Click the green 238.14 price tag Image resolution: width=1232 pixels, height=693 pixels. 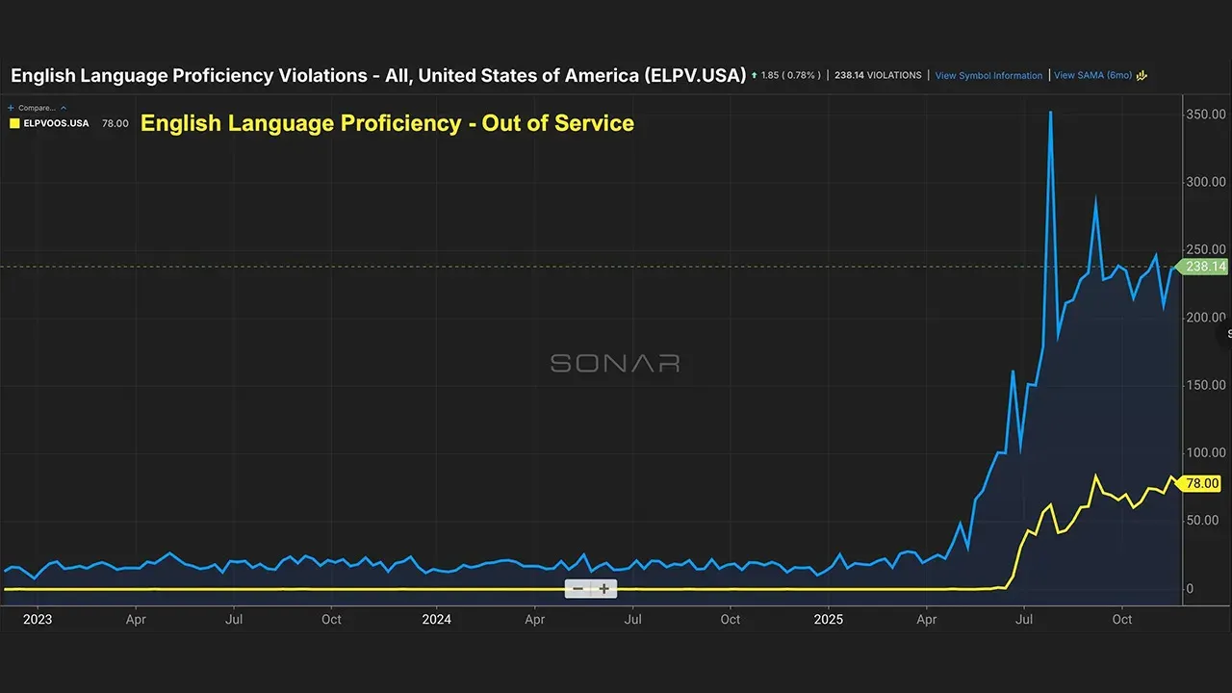pyautogui.click(x=1205, y=267)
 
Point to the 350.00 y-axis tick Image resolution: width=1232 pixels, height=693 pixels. pyautogui.click(x=1205, y=114)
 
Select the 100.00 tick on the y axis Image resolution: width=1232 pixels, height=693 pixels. pyautogui.click(x=1205, y=452)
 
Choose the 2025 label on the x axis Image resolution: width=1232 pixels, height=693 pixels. pyautogui.click(x=828, y=619)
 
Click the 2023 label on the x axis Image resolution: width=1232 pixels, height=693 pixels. pyautogui.click(x=37, y=619)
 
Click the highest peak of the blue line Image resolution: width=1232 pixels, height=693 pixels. pyautogui.click(x=1050, y=113)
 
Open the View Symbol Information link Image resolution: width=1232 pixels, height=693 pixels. pyautogui.click(x=988, y=75)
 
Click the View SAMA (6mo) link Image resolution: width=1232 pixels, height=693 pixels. pyautogui.click(x=1092, y=75)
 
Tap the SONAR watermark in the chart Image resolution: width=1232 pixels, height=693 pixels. pyautogui.click(x=615, y=363)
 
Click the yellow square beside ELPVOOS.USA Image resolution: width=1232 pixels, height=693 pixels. pyautogui.click(x=14, y=123)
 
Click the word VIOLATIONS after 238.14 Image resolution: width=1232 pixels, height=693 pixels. pyautogui.click(x=894, y=75)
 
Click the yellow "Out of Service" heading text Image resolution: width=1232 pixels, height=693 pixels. pyautogui.click(x=387, y=123)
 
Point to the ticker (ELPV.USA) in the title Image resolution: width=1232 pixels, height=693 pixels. pyautogui.click(x=694, y=75)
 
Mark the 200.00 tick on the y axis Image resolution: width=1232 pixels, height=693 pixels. pyautogui.click(x=1205, y=317)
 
